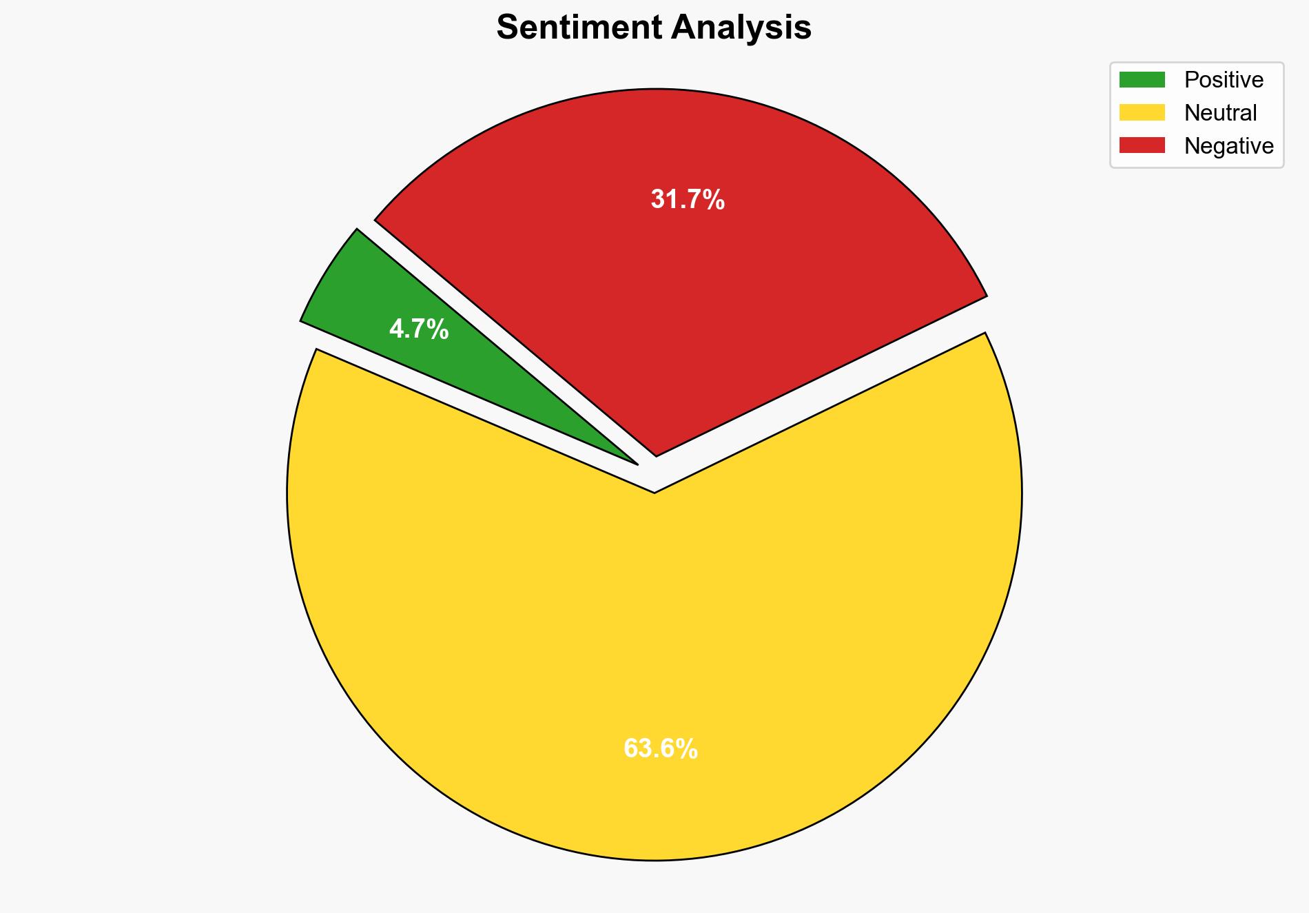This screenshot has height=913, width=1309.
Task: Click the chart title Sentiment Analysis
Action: coord(654,28)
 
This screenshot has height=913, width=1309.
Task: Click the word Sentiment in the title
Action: coord(579,28)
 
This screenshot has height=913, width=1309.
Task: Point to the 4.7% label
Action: coord(419,330)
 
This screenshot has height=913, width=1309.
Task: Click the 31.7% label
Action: coord(688,200)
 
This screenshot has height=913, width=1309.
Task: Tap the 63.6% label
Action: coord(660,748)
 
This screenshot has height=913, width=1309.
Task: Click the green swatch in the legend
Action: coord(1142,80)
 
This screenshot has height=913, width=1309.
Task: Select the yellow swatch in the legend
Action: coord(1142,112)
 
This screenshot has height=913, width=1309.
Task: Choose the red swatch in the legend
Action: coord(1142,145)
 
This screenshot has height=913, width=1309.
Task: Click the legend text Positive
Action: coord(1224,80)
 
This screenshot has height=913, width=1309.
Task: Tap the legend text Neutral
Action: coord(1220,112)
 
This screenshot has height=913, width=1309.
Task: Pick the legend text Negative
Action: coord(1228,145)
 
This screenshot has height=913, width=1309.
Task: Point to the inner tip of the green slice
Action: coord(635,463)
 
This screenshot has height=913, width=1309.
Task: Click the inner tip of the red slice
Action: coord(657,454)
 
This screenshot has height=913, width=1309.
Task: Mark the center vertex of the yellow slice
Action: coord(654,491)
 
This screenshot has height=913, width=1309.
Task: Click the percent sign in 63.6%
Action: coord(686,748)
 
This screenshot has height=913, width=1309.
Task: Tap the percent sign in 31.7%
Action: coord(714,200)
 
